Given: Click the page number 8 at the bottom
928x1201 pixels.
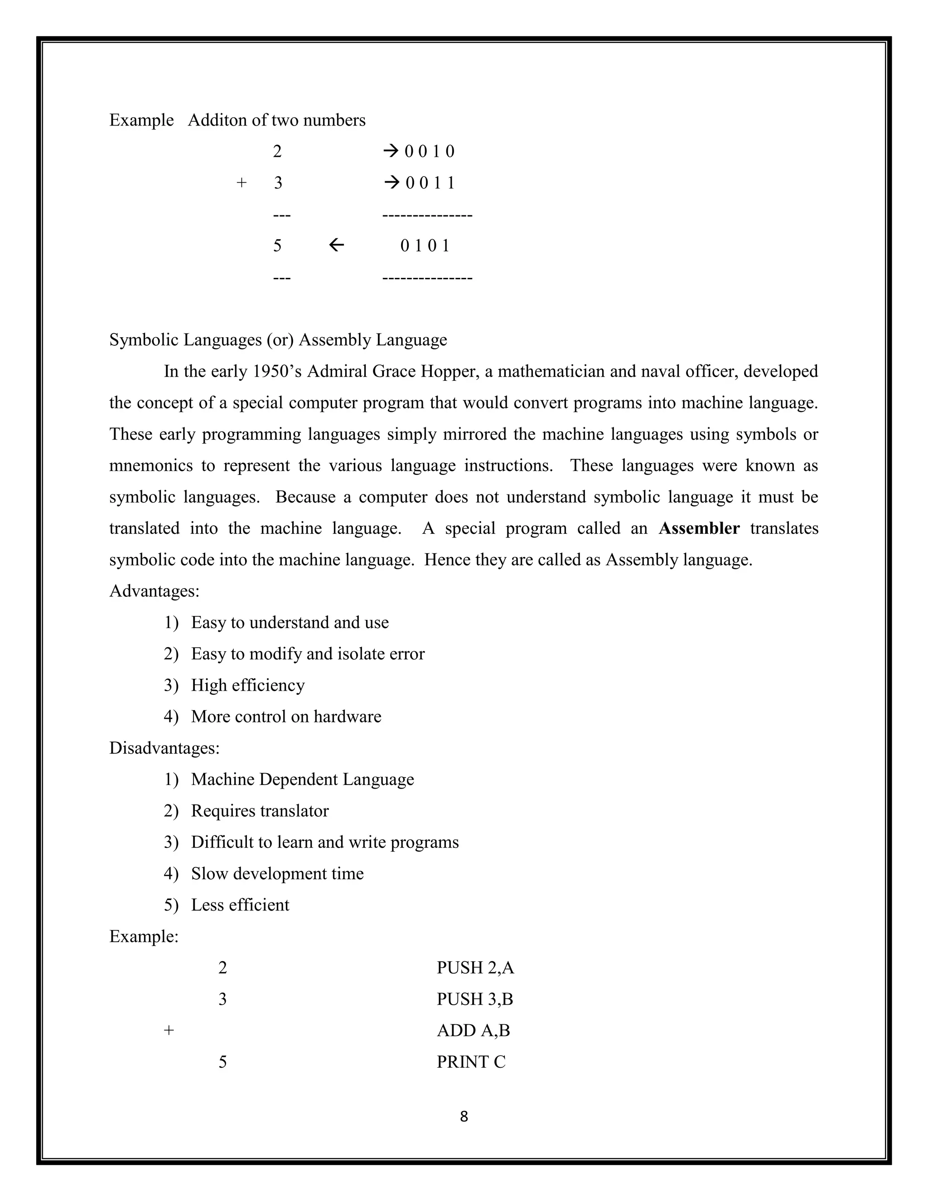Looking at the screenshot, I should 464,1116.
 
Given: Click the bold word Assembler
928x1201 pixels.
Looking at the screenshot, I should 699,528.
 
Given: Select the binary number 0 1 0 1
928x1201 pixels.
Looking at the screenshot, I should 425,246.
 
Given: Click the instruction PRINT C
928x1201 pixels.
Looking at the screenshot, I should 471,1062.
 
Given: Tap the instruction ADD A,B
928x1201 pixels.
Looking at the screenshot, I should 473,1031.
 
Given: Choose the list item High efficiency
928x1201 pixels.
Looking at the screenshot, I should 247,685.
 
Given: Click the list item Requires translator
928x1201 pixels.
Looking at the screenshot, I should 260,811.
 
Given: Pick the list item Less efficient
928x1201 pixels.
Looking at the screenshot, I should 240,905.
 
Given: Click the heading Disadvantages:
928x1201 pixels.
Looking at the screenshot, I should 164,748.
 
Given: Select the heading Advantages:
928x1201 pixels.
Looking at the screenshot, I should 154,591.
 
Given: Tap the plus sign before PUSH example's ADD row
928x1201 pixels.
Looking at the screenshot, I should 169,1031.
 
